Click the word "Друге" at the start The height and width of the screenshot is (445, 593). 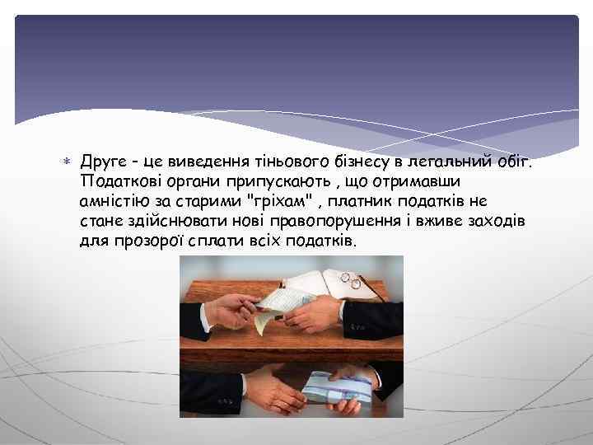click(103, 162)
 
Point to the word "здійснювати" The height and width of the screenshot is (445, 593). click(165, 222)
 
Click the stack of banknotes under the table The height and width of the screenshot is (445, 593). click(338, 388)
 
